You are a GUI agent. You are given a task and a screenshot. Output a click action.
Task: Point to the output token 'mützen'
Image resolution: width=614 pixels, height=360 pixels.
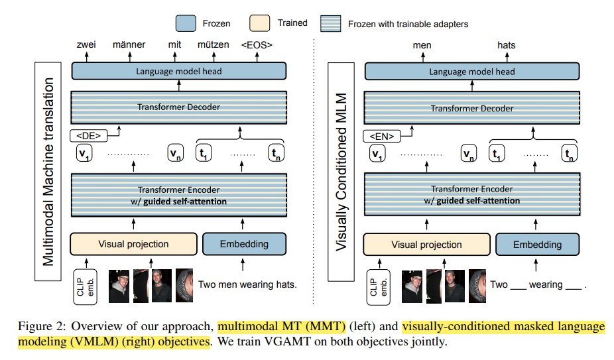tap(213, 45)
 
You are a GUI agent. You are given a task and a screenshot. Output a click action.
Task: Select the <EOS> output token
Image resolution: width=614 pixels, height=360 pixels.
tap(256, 45)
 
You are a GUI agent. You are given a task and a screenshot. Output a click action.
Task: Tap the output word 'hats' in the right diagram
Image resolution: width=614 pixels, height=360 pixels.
tap(507, 45)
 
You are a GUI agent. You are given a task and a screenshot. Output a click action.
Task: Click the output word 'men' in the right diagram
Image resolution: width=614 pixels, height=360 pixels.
tap(422, 45)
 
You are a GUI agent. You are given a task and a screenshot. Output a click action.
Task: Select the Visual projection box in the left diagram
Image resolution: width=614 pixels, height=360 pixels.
tap(133, 244)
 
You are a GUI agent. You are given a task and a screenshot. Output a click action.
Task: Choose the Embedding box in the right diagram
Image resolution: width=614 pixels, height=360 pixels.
tap(537, 245)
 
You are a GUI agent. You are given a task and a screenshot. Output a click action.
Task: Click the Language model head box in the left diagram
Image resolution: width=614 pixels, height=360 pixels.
tap(178, 71)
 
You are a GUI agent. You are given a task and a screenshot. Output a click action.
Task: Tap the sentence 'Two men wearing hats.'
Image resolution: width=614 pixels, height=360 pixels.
tap(247, 284)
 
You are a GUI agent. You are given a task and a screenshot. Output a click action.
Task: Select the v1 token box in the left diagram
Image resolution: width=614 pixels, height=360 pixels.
tap(85, 154)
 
